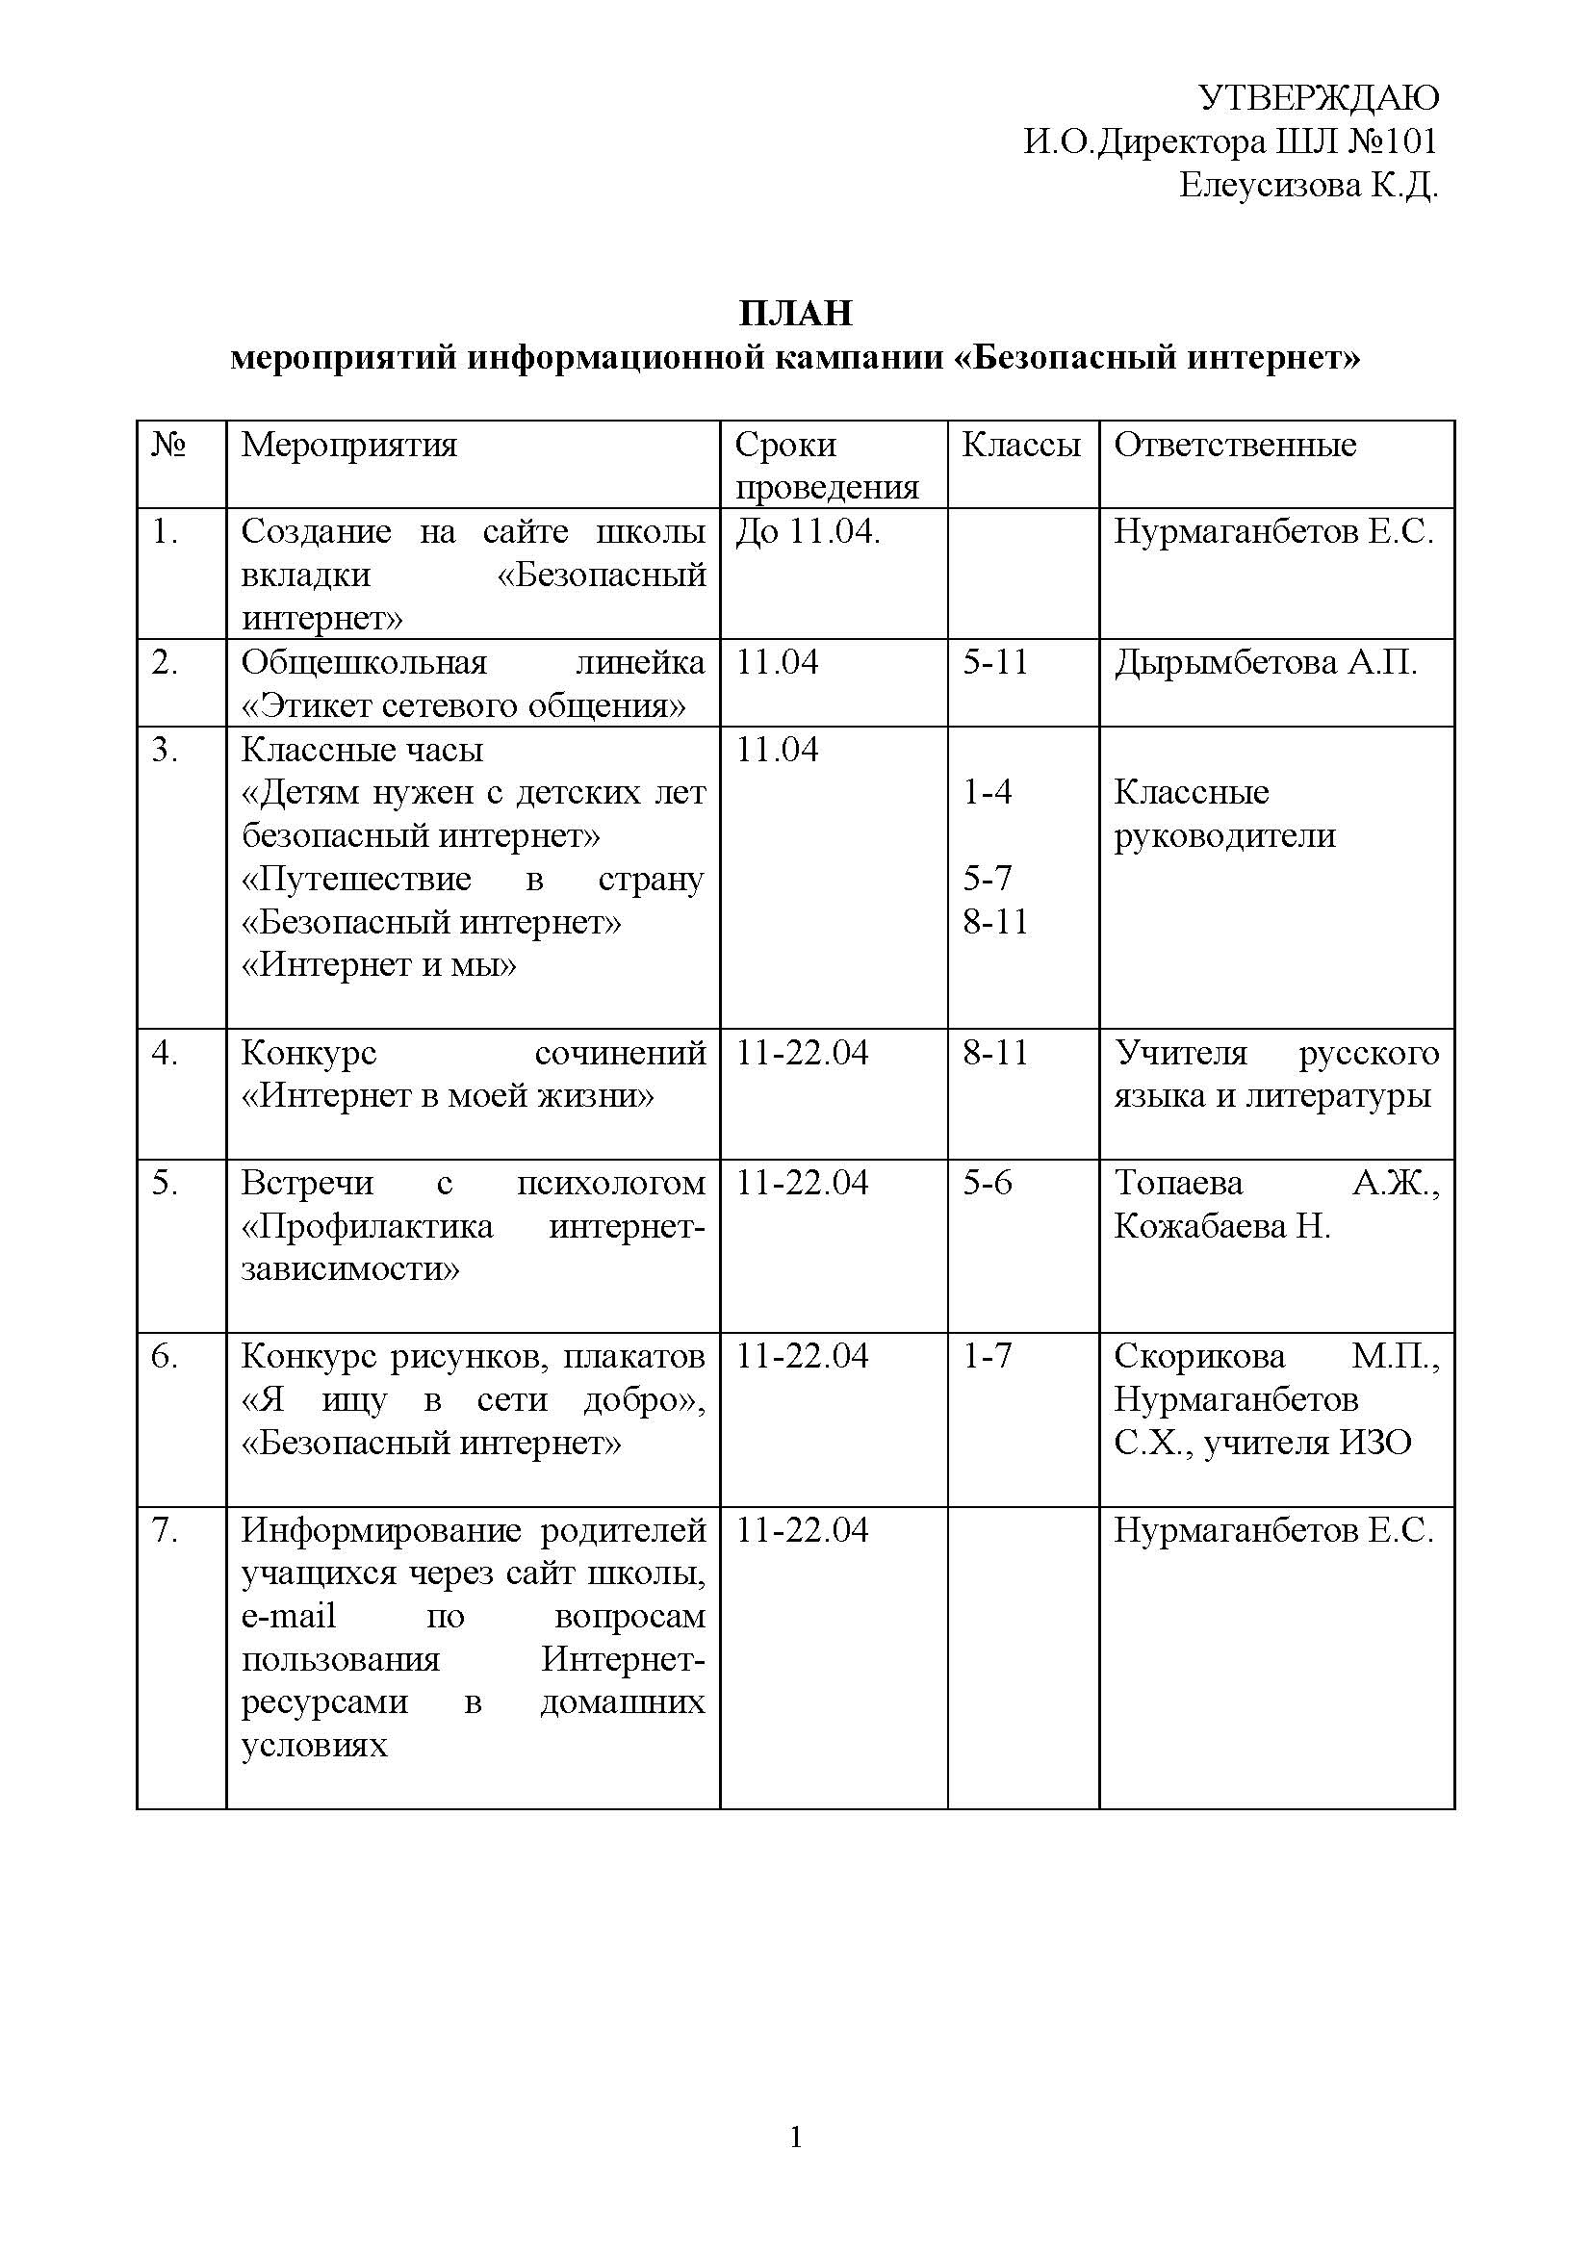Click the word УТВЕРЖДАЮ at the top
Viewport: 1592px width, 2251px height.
pos(1319,98)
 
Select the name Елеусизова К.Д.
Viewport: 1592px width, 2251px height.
pos(1308,186)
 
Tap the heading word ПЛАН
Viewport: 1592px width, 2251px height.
pos(795,313)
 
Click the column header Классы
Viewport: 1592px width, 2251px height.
pos(1020,446)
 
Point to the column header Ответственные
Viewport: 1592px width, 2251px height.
pos(1234,446)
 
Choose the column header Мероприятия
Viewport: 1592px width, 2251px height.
pos(349,446)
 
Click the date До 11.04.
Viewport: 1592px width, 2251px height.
pos(808,531)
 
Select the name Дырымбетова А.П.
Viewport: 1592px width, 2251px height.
pos(1265,663)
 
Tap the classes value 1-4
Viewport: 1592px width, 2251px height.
pos(987,792)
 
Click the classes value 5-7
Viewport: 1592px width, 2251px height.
pos(987,879)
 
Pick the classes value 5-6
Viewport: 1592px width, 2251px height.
pos(987,1184)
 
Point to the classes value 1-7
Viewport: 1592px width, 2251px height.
pos(987,1356)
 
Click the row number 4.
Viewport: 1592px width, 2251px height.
pos(164,1053)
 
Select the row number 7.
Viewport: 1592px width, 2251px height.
pos(164,1530)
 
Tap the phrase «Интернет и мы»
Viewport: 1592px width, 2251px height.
pos(378,965)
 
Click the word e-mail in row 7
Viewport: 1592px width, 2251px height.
pos(288,1616)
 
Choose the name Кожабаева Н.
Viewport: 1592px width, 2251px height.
pos(1221,1226)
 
